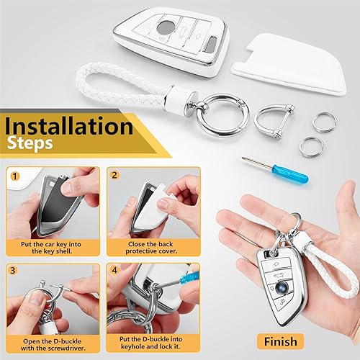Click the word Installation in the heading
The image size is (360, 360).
68,127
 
